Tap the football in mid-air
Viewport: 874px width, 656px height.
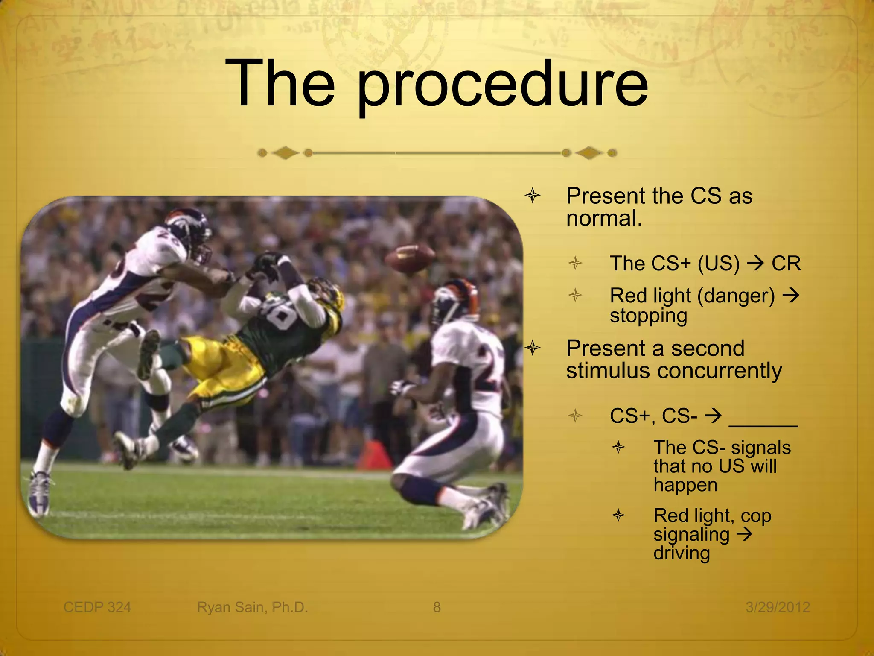[x=410, y=259]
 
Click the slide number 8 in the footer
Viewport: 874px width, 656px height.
[x=437, y=607]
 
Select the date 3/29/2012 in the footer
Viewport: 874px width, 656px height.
[x=778, y=607]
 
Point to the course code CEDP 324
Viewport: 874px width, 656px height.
[x=97, y=607]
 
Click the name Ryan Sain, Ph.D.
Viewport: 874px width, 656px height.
[x=252, y=607]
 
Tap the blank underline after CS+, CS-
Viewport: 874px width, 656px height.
[x=763, y=423]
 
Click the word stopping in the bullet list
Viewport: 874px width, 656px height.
[x=648, y=316]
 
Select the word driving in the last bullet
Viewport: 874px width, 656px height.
[x=681, y=553]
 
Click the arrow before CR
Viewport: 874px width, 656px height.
[x=755, y=263]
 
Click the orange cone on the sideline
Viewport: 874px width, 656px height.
[x=374, y=454]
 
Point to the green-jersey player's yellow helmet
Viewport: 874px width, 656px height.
[x=329, y=295]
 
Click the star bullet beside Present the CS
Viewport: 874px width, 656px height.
[x=533, y=196]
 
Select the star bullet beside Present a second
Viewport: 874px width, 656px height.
[x=533, y=348]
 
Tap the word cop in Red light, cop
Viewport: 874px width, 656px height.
[x=756, y=516]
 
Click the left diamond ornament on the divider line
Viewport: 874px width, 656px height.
[x=285, y=153]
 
